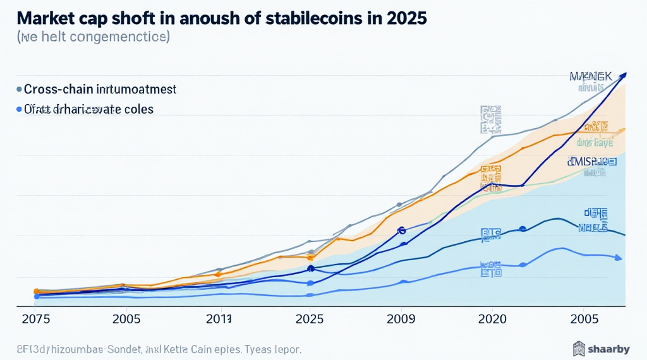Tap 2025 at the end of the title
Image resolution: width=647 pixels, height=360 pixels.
click(x=404, y=18)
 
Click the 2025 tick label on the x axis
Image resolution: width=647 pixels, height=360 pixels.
click(x=310, y=319)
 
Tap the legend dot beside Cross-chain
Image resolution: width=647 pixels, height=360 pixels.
click(x=19, y=90)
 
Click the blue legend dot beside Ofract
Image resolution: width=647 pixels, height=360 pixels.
click(x=19, y=109)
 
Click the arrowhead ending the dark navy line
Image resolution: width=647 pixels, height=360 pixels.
click(x=624, y=75)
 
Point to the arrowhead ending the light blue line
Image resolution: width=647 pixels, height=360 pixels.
click(x=618, y=258)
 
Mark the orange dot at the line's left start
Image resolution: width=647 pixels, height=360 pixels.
click(x=36, y=291)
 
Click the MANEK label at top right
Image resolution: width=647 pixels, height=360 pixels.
click(x=590, y=77)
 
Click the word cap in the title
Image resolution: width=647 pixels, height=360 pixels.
click(x=89, y=18)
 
